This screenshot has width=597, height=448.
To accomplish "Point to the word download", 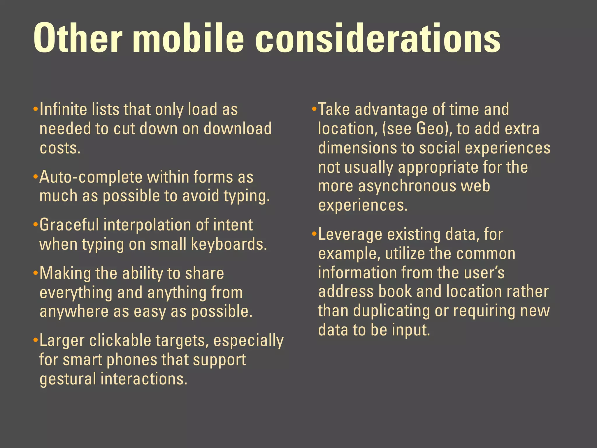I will click(x=238, y=129).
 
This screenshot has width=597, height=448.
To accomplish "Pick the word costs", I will click(x=60, y=148).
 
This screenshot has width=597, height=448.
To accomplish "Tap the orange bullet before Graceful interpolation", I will click(x=36, y=225).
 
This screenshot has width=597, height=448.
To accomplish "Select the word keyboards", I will click(x=229, y=244).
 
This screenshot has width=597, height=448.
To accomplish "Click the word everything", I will click(x=76, y=293).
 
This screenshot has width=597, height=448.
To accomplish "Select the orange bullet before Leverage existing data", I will click(x=314, y=234).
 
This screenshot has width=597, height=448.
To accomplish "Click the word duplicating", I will click(x=391, y=311).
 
